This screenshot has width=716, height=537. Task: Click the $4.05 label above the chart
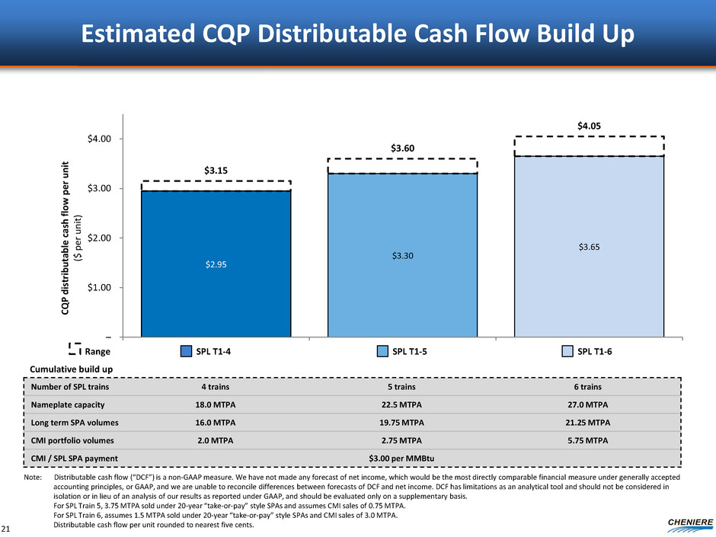pyautogui.click(x=589, y=124)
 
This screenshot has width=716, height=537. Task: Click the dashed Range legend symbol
pyautogui.click(x=75, y=350)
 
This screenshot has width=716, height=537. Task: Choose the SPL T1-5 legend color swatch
pyautogui.click(x=384, y=350)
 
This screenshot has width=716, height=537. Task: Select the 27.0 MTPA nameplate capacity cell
pyautogui.click(x=588, y=404)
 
